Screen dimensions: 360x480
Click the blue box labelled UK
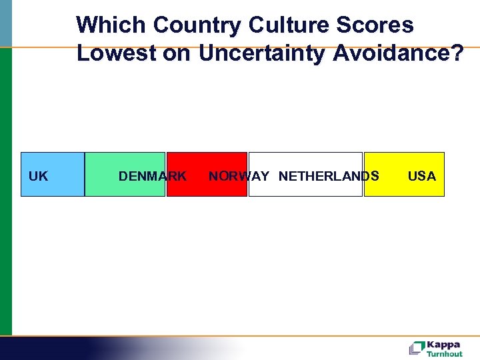[53, 175]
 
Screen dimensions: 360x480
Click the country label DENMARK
[152, 177]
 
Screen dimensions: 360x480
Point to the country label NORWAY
[239, 177]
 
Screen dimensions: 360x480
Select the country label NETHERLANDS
[329, 177]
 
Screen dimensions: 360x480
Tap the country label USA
[421, 177]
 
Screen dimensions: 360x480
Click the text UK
[39, 177]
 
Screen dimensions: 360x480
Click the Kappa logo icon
[417, 347]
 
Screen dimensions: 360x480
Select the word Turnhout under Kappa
[445, 354]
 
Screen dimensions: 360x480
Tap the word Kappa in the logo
[443, 345]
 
